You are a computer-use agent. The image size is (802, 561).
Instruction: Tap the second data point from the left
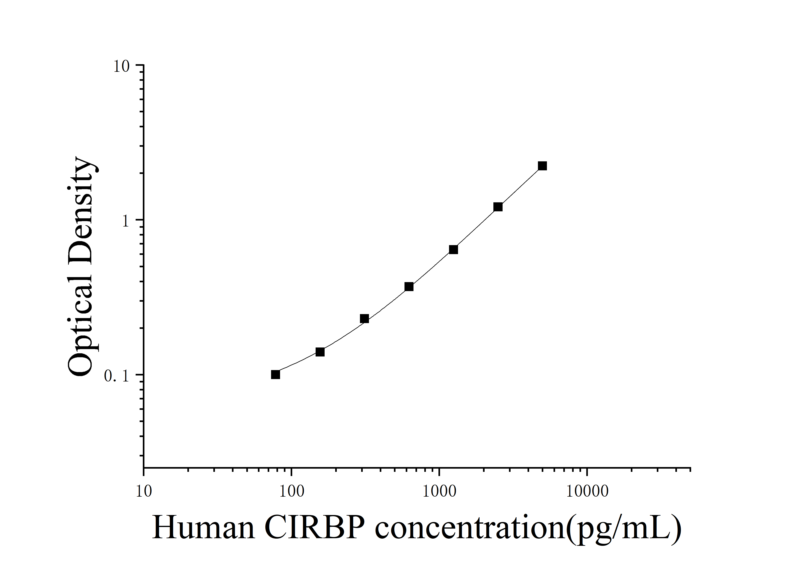pos(320,352)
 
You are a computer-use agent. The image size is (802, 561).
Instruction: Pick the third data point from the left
pos(364,318)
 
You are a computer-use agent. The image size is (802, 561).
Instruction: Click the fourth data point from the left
pos(409,287)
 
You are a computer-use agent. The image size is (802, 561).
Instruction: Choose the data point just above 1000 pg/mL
pos(453,250)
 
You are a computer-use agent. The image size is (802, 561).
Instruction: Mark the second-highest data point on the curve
pos(498,207)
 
